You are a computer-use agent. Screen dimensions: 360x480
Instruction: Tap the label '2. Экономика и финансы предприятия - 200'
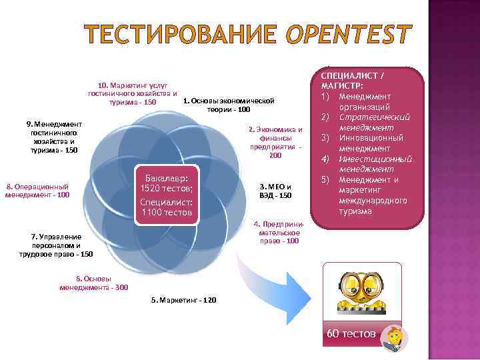[275, 142]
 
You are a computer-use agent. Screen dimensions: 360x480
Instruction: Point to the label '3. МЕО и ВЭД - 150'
[275, 191]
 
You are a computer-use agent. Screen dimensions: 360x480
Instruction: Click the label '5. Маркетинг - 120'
[183, 300]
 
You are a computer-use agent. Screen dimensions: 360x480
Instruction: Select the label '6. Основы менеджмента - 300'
[94, 283]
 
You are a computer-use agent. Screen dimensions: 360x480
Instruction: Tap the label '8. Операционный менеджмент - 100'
[37, 191]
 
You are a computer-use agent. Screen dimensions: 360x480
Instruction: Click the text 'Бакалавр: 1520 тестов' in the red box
[167, 183]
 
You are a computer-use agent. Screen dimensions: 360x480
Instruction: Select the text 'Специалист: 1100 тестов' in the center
[167, 207]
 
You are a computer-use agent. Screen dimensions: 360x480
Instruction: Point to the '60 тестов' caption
[351, 333]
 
